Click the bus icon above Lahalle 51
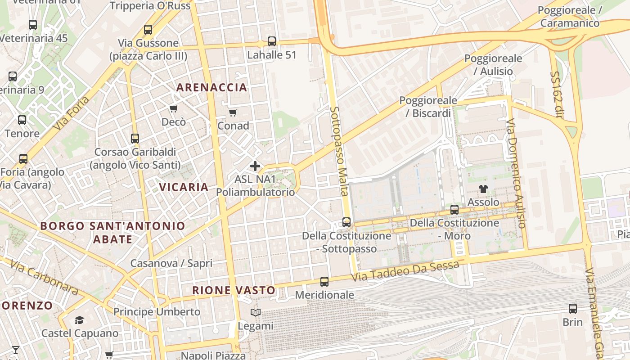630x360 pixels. (x=272, y=41)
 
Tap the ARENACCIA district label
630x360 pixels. (x=211, y=87)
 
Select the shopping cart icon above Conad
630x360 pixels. (x=233, y=112)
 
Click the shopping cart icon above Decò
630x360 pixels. (x=173, y=108)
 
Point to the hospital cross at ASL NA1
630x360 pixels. (x=255, y=166)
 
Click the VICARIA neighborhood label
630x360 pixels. (x=184, y=187)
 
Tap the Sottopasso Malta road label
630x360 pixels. (x=339, y=151)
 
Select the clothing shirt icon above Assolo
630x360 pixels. (x=483, y=189)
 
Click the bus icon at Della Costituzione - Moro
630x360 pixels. (x=454, y=210)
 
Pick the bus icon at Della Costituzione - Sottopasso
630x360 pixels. (x=346, y=222)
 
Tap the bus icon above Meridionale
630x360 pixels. (x=324, y=282)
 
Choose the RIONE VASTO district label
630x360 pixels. (x=234, y=290)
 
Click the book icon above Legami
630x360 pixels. (x=255, y=313)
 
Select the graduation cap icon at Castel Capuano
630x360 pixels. (x=80, y=320)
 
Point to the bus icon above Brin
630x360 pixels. (x=572, y=309)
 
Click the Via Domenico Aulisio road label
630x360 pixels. (x=516, y=173)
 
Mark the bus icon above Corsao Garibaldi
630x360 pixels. (x=135, y=139)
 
